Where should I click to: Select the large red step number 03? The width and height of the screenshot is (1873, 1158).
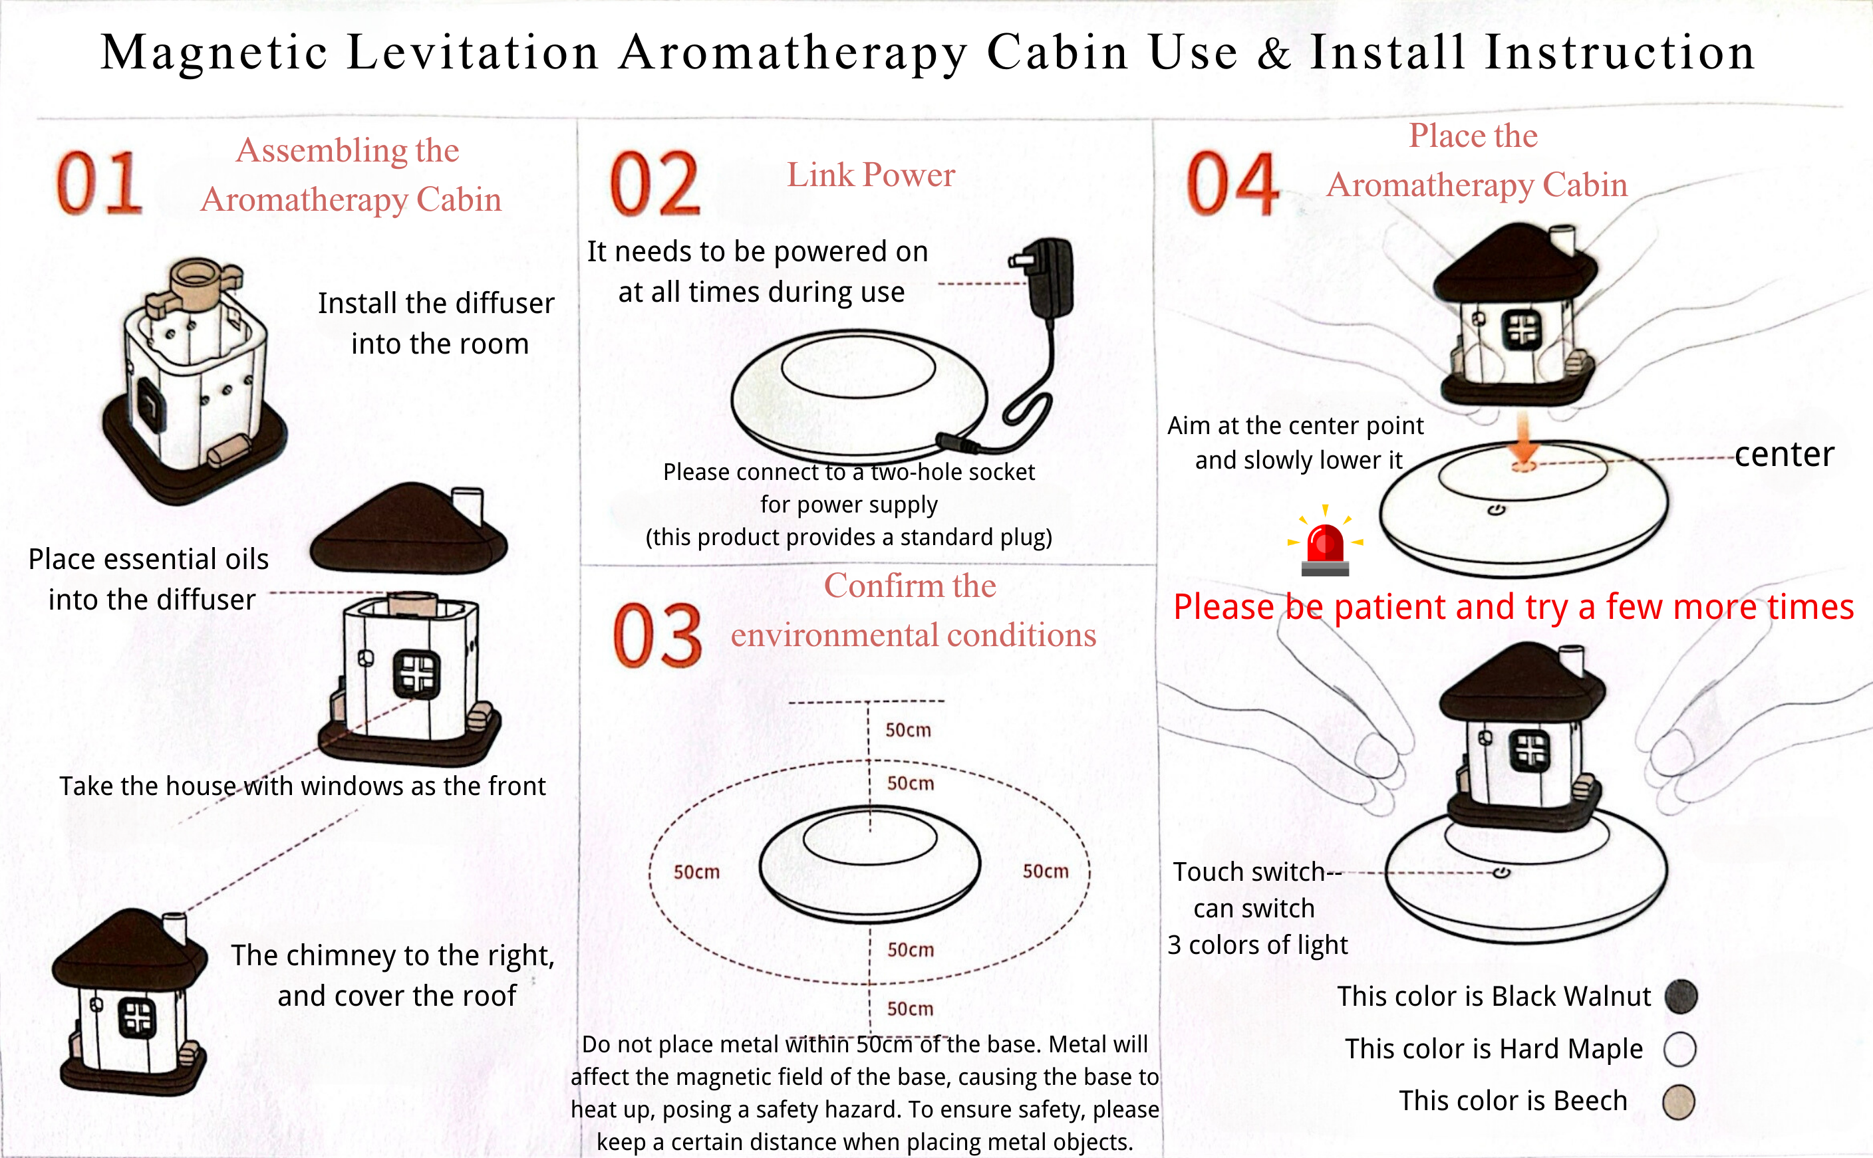[657, 635]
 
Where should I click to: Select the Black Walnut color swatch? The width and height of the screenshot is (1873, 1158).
[1681, 996]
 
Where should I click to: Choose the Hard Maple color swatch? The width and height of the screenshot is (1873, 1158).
[1679, 1048]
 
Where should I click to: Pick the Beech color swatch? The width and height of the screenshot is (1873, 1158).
[1678, 1102]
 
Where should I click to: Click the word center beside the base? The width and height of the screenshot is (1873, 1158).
[1784, 455]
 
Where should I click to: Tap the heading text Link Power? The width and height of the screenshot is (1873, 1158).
[871, 175]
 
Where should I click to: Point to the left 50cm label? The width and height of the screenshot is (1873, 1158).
[696, 872]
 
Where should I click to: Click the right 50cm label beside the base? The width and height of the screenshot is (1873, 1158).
[1046, 871]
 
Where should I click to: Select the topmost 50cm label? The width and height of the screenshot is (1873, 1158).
[909, 730]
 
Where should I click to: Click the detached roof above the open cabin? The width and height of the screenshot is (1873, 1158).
[409, 529]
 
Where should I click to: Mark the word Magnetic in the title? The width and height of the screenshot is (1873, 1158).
[214, 54]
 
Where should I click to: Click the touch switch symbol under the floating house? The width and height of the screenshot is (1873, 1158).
[1501, 872]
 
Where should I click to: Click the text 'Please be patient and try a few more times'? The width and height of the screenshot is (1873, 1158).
[1514, 606]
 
